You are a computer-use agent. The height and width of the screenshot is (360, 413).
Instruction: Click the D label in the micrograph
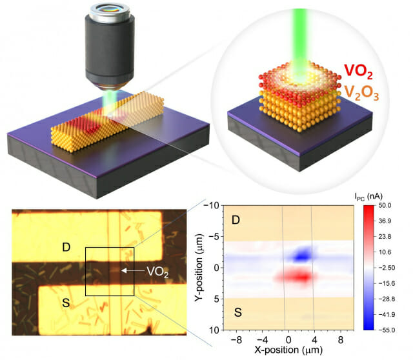(x=66, y=246)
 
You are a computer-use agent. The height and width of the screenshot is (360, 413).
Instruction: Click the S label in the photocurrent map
(x=236, y=314)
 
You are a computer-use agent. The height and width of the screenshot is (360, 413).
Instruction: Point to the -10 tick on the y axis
(x=211, y=206)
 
